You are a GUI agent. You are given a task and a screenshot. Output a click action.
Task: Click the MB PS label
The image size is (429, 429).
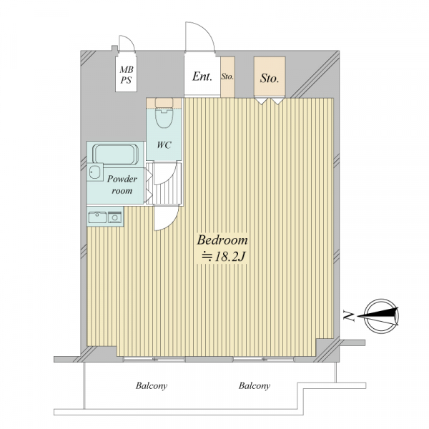coord(126,74)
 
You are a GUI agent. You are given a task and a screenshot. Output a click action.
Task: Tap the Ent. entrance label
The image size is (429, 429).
coord(202,77)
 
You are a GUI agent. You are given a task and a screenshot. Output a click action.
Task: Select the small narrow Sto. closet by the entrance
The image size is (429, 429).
coord(227,77)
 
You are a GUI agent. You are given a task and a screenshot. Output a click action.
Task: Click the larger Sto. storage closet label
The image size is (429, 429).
coord(270,78)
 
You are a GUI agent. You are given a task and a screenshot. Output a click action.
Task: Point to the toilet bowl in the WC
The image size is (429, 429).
coord(164,118)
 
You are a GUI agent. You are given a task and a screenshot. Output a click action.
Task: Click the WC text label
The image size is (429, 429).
coord(164,144)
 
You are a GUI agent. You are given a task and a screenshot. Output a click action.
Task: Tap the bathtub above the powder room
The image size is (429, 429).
coord(115,154)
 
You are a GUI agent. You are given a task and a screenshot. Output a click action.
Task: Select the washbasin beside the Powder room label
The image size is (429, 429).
coord(95,172)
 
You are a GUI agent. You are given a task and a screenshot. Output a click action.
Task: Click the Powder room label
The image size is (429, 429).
coord(122,184)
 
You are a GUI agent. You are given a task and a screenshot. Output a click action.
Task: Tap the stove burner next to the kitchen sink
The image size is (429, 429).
coord(115,218)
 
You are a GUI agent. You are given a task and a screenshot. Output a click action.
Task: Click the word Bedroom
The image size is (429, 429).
coord(222,240)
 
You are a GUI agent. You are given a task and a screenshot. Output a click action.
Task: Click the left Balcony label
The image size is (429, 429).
coord(152,386)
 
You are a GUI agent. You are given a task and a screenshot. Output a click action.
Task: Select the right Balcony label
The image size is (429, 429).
coord(254,386)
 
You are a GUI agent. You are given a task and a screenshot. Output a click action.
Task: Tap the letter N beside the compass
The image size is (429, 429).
coord(349,316)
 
